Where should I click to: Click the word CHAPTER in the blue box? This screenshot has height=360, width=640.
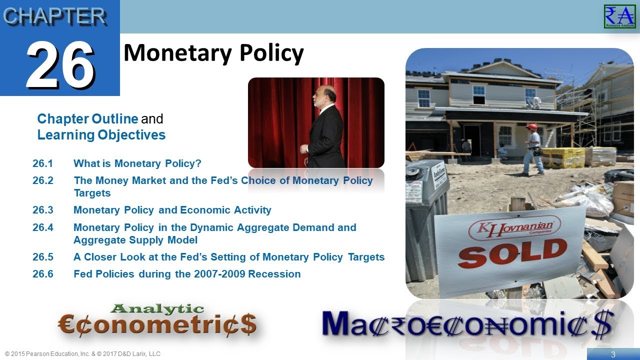54,16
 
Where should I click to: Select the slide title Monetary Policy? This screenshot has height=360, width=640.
213,53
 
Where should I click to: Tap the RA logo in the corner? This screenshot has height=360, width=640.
619,16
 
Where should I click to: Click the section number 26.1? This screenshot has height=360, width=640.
43,163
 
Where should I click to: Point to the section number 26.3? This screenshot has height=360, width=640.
43,210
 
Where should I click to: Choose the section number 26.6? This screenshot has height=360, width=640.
43,274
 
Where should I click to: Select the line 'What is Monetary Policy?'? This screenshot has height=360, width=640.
137,163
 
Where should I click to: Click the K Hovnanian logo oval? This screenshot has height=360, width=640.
514,228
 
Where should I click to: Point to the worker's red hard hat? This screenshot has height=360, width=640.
531,127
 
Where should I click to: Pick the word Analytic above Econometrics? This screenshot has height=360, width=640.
157,309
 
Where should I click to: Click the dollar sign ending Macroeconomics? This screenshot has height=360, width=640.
600,324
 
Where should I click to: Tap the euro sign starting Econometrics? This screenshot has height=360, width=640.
67,325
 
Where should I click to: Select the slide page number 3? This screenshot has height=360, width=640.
613,354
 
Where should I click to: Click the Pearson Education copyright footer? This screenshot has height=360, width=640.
82,354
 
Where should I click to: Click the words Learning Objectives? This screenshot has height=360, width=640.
101,135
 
